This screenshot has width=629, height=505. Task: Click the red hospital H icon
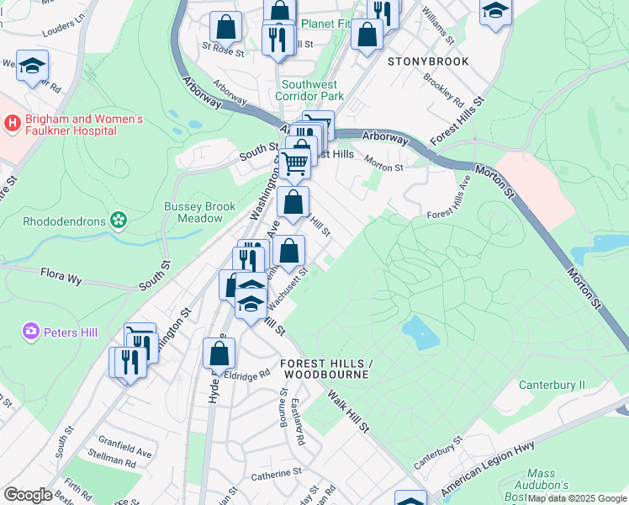12,124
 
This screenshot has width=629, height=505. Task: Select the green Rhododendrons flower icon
119,221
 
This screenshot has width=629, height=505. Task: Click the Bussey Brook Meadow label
193,212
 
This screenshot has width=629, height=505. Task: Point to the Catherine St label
270,476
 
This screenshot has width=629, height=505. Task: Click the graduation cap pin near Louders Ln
32,66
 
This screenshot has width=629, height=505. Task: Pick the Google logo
27,495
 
